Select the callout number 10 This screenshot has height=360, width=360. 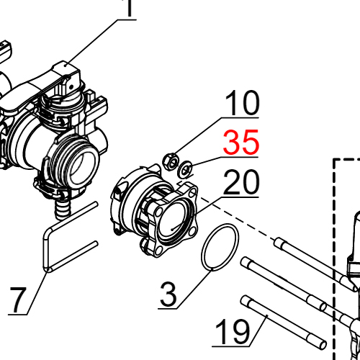point(240,104)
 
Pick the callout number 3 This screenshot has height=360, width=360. point(167,295)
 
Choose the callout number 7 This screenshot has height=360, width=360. point(20,299)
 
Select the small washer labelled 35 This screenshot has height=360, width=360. point(186,170)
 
